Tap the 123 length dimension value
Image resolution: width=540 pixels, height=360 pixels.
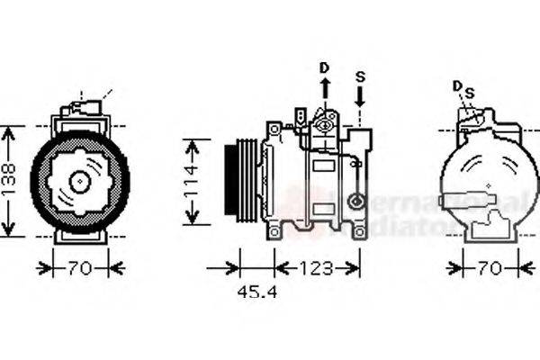click(315, 267)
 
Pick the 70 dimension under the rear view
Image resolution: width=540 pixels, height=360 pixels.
click(489, 267)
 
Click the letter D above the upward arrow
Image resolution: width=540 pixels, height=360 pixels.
click(325, 67)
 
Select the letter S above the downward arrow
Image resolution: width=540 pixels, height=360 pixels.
click(360, 76)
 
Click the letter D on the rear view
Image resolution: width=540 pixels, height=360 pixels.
click(457, 86)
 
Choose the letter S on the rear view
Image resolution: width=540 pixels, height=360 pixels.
click(469, 91)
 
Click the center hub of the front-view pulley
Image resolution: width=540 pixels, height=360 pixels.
click(79, 181)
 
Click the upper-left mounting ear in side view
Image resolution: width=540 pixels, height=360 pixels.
click(273, 131)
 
